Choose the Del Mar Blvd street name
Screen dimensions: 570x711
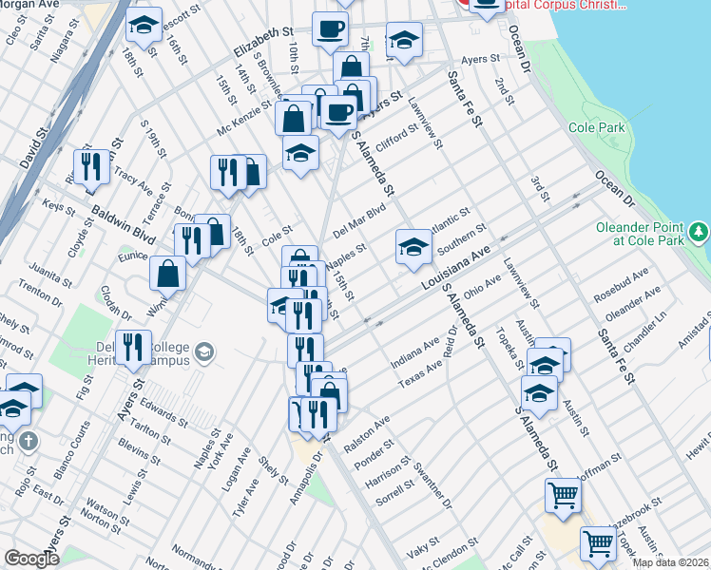[x=358, y=220]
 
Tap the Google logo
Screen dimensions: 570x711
[x=31, y=558]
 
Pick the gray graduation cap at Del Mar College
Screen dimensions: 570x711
[x=203, y=355]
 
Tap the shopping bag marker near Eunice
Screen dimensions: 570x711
[x=168, y=274]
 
